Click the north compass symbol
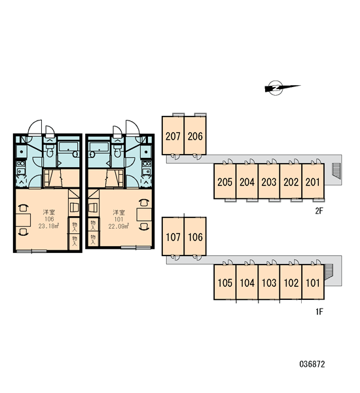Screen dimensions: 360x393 coord(276,88)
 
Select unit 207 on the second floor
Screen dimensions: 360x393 coord(173,136)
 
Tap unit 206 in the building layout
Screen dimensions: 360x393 coord(195,136)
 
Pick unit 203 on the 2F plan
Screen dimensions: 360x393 coord(269,181)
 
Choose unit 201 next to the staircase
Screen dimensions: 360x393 coord(313,181)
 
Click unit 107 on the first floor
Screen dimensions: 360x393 coord(173,236)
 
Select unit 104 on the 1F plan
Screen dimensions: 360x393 coord(247,282)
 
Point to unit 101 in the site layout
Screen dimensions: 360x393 coord(313,282)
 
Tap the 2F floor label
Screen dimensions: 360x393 coord(319,211)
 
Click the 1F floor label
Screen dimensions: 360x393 coord(319,312)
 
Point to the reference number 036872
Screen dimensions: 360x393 coord(312,364)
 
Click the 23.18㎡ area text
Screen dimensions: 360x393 coord(48,226)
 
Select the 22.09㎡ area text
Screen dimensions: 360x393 coord(118,226)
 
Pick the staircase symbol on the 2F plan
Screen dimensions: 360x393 coord(336,171)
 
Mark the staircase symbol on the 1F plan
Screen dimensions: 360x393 coord(328,271)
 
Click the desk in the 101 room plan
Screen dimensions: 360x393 coord(144,214)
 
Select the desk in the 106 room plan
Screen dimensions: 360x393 coord(23,220)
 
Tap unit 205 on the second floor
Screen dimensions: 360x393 coord(225,181)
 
